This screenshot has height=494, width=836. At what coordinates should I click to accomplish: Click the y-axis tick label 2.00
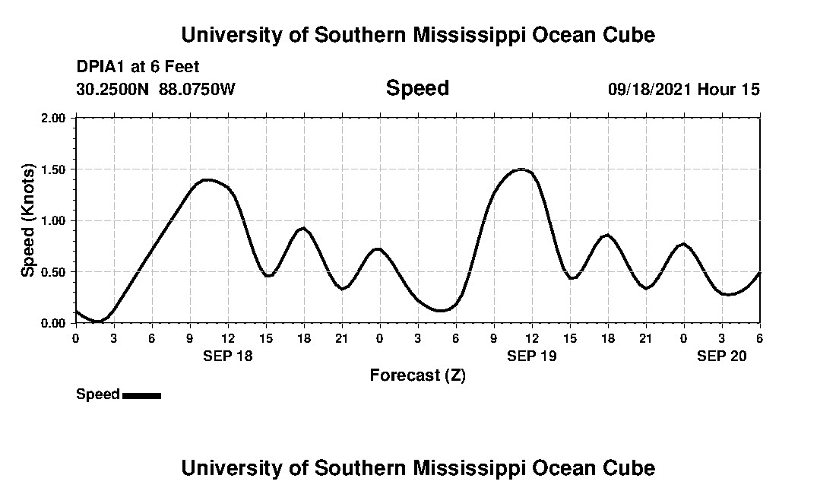55,118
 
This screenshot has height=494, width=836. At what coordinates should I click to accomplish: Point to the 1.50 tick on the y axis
55,169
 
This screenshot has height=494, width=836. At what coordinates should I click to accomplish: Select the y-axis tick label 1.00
55,220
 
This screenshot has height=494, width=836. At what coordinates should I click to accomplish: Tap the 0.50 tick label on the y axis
55,272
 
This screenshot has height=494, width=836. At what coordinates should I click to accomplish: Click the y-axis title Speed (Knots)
28,220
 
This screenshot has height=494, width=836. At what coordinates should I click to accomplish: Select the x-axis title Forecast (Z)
417,375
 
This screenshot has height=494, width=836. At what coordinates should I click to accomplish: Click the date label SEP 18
227,356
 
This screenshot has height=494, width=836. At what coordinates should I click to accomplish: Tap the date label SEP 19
531,356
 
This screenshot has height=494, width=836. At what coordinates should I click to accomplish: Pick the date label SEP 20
721,356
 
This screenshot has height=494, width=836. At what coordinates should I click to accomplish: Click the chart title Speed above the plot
417,88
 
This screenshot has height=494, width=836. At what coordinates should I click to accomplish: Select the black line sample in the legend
141,395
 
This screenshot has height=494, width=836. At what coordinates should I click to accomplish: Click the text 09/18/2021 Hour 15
683,90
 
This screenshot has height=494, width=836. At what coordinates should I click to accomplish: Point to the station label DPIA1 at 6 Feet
138,67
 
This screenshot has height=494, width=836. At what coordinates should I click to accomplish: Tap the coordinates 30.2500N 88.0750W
156,90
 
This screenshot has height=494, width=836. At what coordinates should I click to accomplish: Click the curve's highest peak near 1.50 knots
521,169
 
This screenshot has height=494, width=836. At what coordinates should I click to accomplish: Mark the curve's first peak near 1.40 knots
208,180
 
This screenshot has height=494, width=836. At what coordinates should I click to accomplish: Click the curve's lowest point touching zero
97,321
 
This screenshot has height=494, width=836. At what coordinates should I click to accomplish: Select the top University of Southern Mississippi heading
417,35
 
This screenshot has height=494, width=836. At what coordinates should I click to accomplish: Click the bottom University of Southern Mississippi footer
417,467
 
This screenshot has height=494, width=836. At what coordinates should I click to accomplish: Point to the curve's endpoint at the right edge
759,272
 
